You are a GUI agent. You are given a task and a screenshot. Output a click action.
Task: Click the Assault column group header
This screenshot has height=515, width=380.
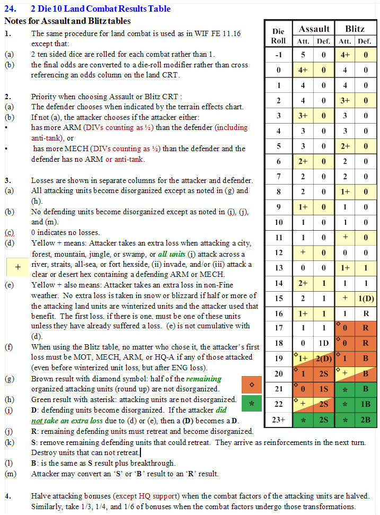[x=314, y=29]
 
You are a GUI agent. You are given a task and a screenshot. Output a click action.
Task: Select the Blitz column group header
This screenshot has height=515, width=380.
[x=355, y=29]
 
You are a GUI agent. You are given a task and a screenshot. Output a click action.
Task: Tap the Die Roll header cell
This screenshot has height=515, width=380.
[x=278, y=36]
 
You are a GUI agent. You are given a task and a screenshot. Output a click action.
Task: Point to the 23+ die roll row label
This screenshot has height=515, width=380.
[x=278, y=421]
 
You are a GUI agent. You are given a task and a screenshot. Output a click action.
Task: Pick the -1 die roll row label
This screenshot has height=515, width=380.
[x=278, y=54]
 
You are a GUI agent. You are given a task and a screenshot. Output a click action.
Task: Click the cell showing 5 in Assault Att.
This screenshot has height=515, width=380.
[x=303, y=54]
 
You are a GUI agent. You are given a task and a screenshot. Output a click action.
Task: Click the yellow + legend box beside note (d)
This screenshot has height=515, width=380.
[x=18, y=267]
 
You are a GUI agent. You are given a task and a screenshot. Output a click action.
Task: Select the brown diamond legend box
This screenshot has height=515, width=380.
[x=252, y=383]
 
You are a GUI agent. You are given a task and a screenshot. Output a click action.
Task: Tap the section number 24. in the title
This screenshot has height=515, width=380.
[x=11, y=8]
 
